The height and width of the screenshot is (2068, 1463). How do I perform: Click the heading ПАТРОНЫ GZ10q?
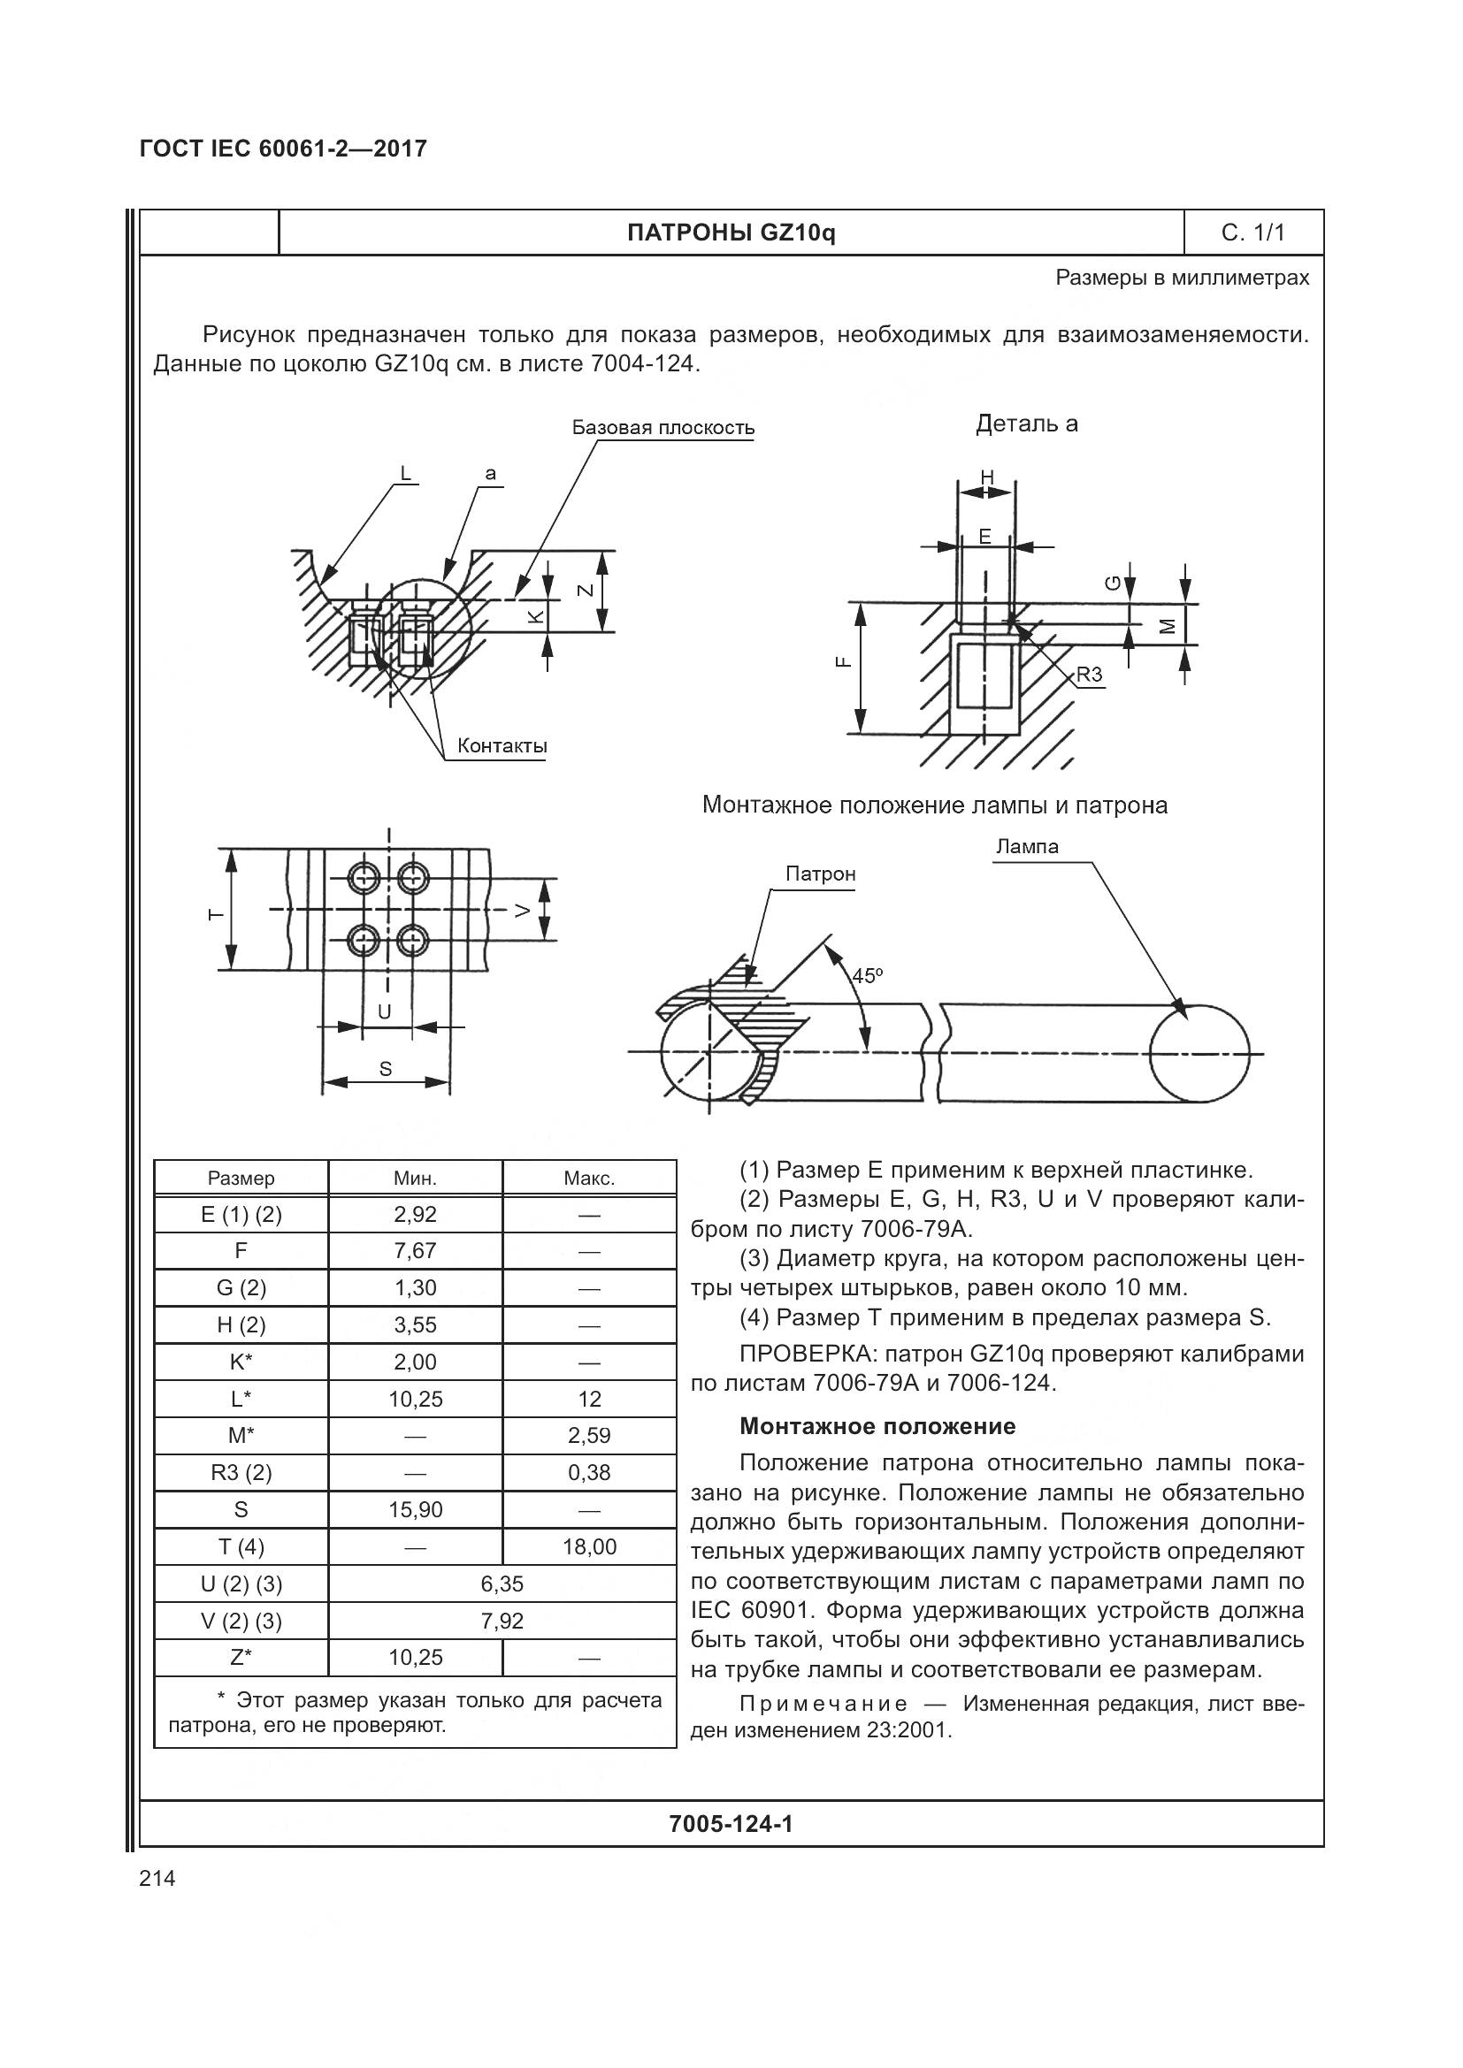point(731,233)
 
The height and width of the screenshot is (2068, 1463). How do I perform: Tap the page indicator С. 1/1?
point(1252,233)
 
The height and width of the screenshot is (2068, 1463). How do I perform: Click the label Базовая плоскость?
point(663,428)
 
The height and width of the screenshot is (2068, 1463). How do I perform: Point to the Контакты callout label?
point(502,746)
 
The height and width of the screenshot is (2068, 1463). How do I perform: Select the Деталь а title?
point(1026,424)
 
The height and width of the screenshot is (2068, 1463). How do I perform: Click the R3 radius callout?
point(1089,675)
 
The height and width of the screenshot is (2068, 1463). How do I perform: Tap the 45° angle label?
point(867,975)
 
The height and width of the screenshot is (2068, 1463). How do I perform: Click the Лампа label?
point(1027,847)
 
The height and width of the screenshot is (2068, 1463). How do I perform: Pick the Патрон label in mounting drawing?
point(820,874)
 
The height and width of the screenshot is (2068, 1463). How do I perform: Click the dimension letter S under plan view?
point(386,1069)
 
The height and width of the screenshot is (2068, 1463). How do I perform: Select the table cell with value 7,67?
point(416,1251)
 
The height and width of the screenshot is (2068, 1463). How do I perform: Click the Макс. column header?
point(589,1178)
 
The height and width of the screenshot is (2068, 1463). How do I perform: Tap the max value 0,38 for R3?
point(589,1473)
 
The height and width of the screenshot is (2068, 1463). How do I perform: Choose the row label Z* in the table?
point(241,1657)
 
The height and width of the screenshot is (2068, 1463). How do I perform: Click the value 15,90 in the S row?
point(416,1509)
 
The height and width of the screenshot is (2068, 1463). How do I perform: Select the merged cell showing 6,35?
point(502,1583)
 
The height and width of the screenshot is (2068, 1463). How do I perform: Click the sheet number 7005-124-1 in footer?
point(731,1824)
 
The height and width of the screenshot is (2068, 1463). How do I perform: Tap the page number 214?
point(157,1879)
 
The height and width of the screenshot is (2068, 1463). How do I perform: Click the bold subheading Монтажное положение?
point(877,1426)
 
